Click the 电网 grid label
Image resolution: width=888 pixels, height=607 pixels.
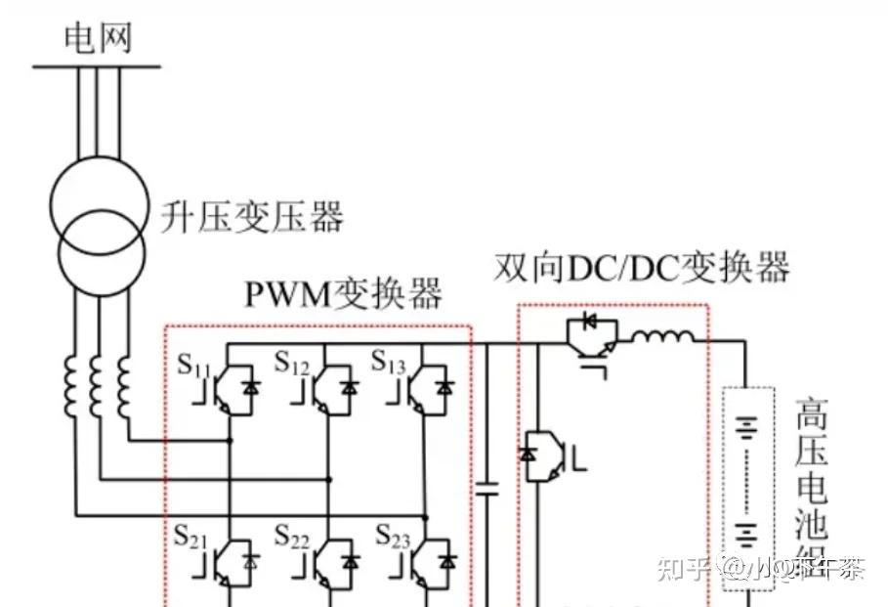[97, 38]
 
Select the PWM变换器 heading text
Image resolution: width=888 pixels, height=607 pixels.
[342, 291]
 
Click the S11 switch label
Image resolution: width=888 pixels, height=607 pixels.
[193, 365]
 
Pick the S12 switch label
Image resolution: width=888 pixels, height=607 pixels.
[291, 365]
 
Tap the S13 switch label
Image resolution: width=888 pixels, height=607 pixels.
[388, 363]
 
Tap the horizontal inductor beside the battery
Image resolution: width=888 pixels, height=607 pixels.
[662, 338]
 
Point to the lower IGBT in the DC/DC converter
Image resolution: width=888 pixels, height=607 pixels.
[543, 456]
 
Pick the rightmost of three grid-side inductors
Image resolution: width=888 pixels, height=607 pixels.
[123, 386]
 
